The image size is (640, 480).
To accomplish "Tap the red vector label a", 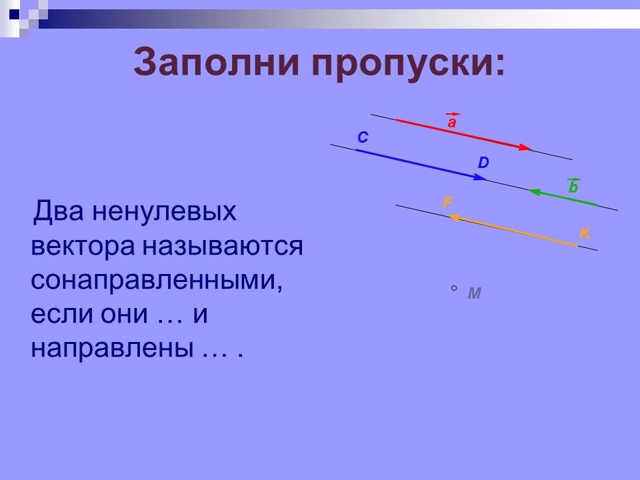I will (452, 123).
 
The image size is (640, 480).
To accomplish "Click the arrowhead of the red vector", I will (526, 147).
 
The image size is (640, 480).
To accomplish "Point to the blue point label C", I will (362, 138).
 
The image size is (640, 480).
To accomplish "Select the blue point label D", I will (483, 163).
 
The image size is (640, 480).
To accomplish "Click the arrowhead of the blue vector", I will (481, 177).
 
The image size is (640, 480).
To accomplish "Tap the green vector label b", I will (573, 188).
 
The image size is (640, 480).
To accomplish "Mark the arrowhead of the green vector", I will (534, 192).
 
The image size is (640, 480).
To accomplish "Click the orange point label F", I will (448, 203).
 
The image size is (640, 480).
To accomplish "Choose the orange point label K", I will (584, 233).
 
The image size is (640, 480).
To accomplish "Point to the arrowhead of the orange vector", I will (451, 217).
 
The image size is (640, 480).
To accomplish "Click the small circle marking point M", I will (454, 288).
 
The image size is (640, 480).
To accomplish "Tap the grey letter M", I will (474, 293).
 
